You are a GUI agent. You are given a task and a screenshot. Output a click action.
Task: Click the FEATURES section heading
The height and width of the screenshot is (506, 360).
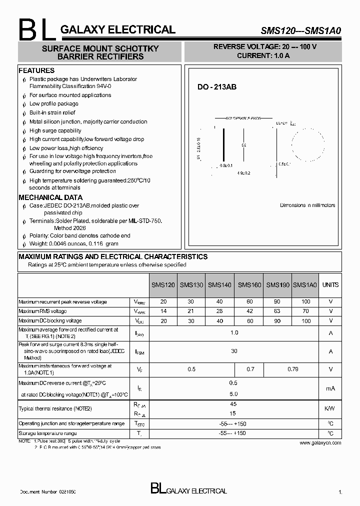(x=36, y=70)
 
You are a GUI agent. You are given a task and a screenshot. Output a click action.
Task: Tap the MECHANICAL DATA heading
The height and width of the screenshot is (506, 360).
(x=50, y=197)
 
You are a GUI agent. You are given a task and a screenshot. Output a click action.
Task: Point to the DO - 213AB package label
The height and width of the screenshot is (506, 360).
(x=216, y=87)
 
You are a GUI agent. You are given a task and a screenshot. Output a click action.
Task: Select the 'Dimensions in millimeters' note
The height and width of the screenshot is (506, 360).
(x=307, y=205)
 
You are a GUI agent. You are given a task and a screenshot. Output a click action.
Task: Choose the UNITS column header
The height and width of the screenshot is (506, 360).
(x=330, y=285)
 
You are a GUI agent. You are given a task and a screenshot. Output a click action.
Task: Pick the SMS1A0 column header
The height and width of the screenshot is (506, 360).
(x=305, y=285)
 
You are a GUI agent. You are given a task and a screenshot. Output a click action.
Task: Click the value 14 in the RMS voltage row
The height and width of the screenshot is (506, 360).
(x=163, y=311)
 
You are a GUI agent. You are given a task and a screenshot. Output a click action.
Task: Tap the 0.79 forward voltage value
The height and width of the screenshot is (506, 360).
(x=292, y=369)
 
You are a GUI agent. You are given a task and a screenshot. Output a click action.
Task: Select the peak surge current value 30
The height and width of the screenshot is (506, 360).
(x=234, y=351)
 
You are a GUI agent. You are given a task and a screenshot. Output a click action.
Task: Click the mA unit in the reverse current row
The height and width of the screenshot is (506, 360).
(x=330, y=388)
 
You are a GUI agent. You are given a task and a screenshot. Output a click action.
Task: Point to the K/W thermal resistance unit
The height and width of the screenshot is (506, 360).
(x=330, y=408)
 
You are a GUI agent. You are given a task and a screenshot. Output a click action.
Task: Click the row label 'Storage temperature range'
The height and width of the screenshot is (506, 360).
(x=47, y=433)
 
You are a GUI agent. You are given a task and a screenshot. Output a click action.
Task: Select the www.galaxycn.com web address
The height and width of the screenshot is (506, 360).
(x=320, y=442)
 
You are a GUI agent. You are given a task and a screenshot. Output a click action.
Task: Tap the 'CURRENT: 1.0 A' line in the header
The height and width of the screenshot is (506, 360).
(x=263, y=55)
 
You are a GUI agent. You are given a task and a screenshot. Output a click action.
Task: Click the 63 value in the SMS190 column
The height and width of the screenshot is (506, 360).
(x=277, y=311)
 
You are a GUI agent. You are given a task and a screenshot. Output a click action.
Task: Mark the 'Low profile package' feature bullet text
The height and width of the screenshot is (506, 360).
(x=53, y=104)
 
